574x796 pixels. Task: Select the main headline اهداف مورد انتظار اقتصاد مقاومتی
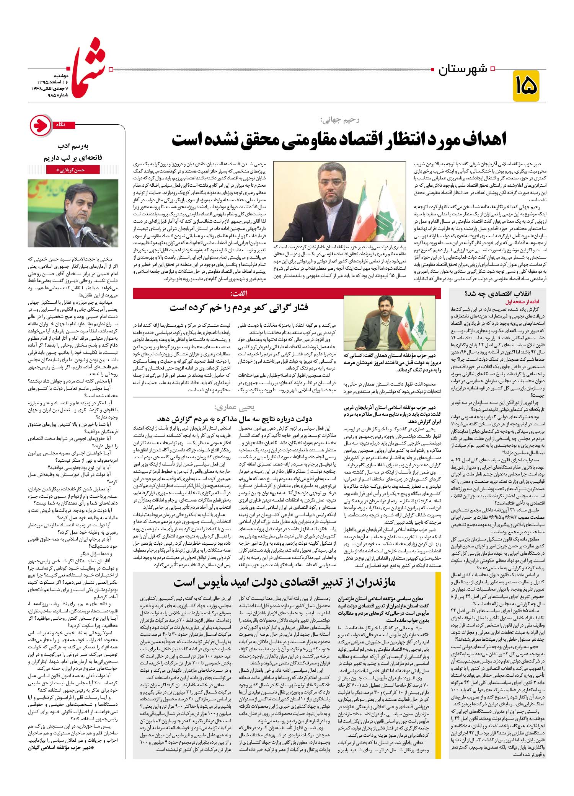339,139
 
